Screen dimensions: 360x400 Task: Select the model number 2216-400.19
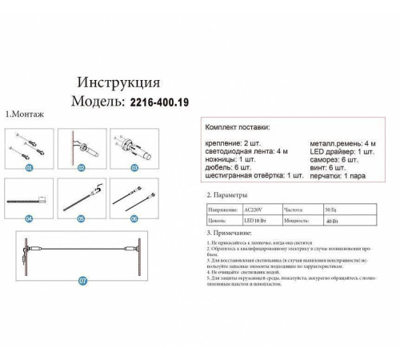click(x=160, y=102)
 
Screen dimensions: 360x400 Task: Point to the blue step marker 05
click(x=82, y=218)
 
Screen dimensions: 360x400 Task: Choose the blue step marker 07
click(x=82, y=279)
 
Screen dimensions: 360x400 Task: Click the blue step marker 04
click(x=29, y=218)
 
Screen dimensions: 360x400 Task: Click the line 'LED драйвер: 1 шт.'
click(x=342, y=150)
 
